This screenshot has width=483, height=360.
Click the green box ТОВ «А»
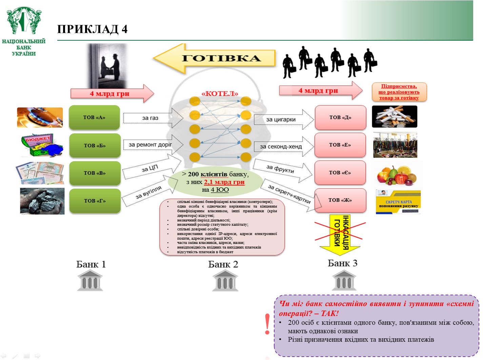tap(94, 118)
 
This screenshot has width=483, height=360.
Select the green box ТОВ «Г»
tap(95, 201)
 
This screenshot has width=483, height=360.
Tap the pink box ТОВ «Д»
tap(340, 118)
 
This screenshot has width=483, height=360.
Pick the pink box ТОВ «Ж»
tap(340, 200)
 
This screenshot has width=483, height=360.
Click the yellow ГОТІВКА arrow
tap(215, 58)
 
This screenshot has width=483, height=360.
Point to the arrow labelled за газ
tap(153, 118)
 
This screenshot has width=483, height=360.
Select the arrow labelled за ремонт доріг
tap(153, 145)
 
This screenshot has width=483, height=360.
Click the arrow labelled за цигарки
tap(283, 120)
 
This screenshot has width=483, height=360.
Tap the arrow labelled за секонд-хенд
tap(283, 147)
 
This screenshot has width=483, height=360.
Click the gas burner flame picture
tap(40, 118)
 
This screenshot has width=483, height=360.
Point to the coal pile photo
tap(42, 201)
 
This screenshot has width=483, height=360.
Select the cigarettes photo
tap(395, 117)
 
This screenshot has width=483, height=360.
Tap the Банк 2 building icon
tap(225, 281)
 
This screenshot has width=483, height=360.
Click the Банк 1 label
tap(91, 264)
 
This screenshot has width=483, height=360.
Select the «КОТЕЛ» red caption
tap(220, 94)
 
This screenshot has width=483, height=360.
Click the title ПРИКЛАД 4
tap(92, 29)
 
